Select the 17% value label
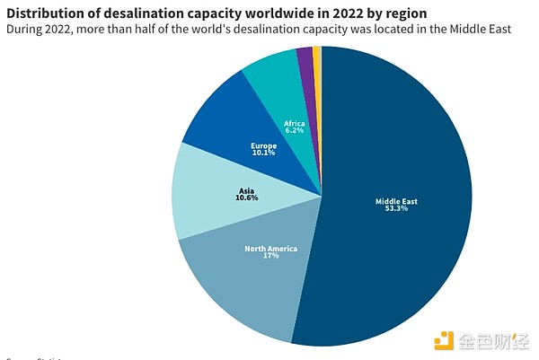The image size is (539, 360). (x=270, y=256)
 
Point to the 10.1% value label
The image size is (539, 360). (x=263, y=152)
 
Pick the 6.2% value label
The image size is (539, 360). (x=294, y=130)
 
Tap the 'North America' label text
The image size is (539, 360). (x=270, y=248)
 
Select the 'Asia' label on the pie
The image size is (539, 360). (x=247, y=189)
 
